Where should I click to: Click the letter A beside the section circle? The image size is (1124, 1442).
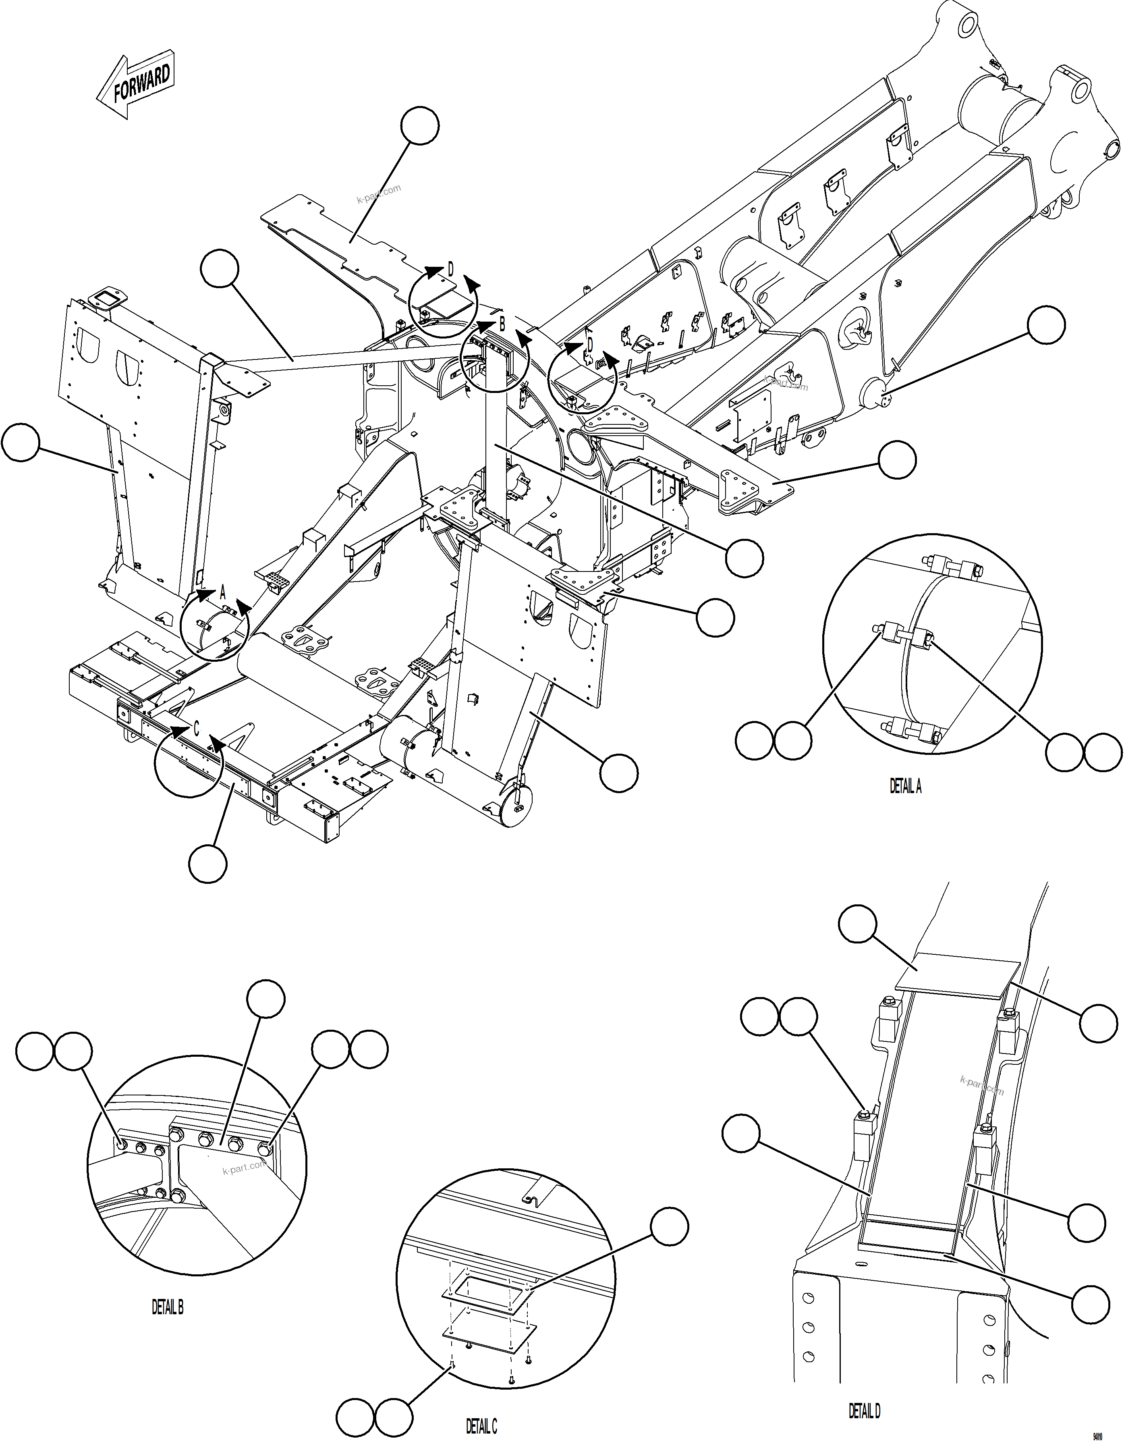222,592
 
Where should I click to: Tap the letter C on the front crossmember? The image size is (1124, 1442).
196,729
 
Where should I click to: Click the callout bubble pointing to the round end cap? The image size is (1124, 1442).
1046,325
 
